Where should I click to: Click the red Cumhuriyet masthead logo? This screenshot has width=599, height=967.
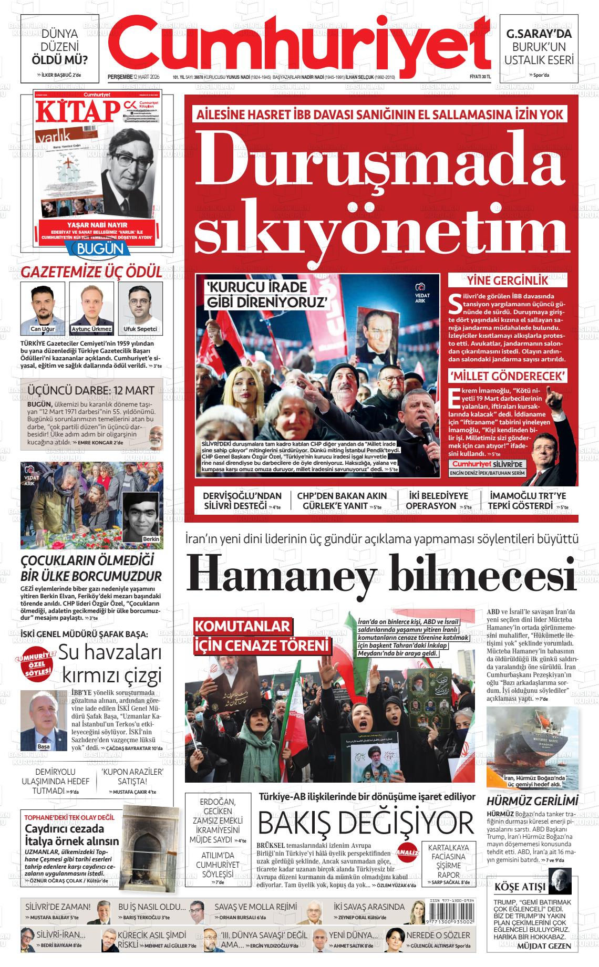coord(299,45)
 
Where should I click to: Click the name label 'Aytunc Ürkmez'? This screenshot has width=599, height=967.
coord(91,329)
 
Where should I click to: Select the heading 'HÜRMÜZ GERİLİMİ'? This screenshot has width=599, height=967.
coord(532,802)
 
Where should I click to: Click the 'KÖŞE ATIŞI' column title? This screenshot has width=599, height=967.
coord(520,887)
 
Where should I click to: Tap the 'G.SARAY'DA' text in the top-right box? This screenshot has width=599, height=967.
coord(539,34)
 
